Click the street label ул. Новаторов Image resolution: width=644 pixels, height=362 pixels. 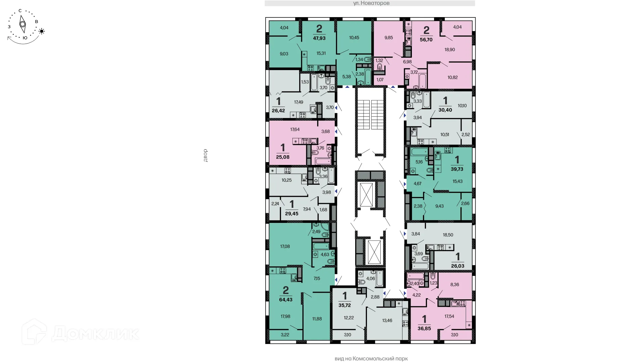(x=371, y=3)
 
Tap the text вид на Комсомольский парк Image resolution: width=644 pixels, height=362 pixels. (x=371, y=359)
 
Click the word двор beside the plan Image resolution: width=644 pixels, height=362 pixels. (x=205, y=156)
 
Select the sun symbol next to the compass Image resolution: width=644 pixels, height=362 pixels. (x=42, y=32)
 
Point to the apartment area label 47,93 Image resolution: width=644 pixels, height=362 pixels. (x=319, y=38)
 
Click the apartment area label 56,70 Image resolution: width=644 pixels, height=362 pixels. (x=426, y=40)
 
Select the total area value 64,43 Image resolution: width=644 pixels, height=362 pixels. (x=285, y=300)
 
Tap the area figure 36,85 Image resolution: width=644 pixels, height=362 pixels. (x=424, y=328)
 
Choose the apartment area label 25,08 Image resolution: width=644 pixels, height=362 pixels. (x=282, y=157)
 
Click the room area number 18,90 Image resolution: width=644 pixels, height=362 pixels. (x=449, y=50)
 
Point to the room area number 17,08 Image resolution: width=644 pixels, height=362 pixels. (x=285, y=246)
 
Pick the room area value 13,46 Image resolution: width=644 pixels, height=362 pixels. (x=387, y=320)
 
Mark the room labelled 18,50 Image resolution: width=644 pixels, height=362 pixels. (x=448, y=235)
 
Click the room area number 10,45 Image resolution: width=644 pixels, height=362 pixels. (x=354, y=38)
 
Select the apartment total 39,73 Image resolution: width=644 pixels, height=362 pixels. (x=457, y=169)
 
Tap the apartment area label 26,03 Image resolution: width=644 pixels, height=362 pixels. (x=458, y=266)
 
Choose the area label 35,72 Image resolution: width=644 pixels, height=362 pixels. (x=344, y=305)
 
